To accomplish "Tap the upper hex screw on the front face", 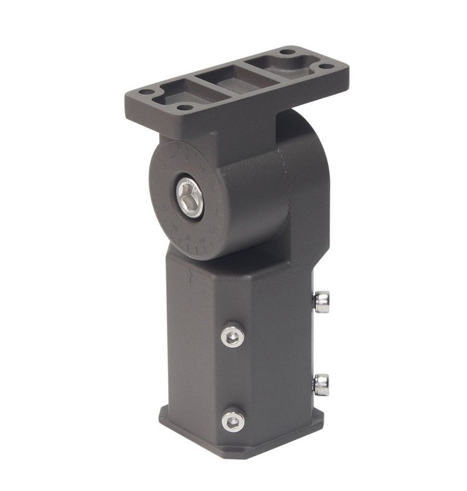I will [232, 336].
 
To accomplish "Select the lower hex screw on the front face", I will [233, 421].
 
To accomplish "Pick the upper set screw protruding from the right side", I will [321, 302].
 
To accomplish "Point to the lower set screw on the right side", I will [321, 384].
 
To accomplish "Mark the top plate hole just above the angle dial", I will [185, 107].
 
